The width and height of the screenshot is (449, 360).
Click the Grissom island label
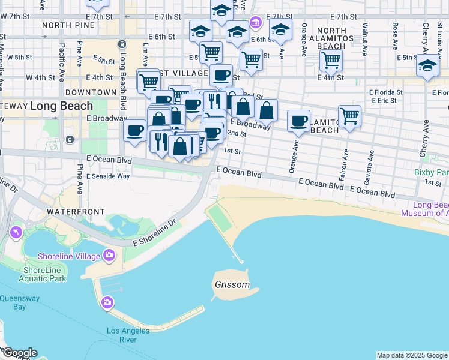(232, 284)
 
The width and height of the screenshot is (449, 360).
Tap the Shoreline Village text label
(68, 256)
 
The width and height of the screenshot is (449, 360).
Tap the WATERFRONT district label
(76, 212)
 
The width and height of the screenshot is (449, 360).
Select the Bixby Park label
(432, 172)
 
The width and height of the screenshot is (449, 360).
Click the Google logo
(19, 353)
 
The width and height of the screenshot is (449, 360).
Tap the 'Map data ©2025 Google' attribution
(412, 355)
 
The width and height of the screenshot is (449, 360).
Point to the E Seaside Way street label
(108, 176)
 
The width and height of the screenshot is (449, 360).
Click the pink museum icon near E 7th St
(256, 23)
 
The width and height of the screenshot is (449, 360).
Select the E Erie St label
(384, 101)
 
